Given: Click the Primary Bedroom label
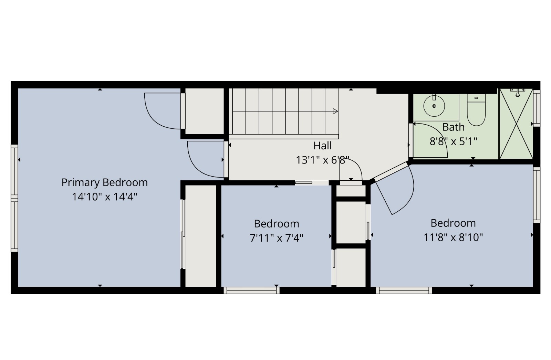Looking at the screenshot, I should coord(104,182).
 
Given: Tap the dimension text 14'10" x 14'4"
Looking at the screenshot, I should coord(104,197).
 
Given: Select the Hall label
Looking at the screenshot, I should coord(322,146).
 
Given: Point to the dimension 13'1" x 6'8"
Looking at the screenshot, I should coord(322,160).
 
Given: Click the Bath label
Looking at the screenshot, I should coord(453,127).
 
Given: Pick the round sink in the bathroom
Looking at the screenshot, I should coord(434,106).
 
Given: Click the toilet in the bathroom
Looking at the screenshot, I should coord(476,110).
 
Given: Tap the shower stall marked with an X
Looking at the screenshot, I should coord(516,124).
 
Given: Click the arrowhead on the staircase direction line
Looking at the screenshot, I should coord(335,111).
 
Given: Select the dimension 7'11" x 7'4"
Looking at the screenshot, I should coord(276,238).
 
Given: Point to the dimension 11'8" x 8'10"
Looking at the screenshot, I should coord(453,237).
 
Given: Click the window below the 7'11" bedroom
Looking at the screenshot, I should coord(251,290).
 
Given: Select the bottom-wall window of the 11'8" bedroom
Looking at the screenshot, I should coord(404,290).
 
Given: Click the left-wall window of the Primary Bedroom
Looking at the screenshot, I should coord(14,198).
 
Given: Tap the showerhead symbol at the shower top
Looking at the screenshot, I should coord(517,92).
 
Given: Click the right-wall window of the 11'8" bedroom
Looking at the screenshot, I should coord(537,195).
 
